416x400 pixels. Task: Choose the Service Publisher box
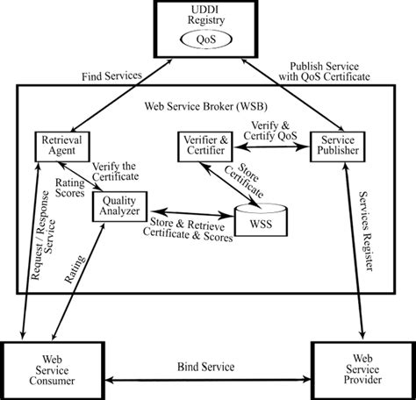[337, 146]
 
